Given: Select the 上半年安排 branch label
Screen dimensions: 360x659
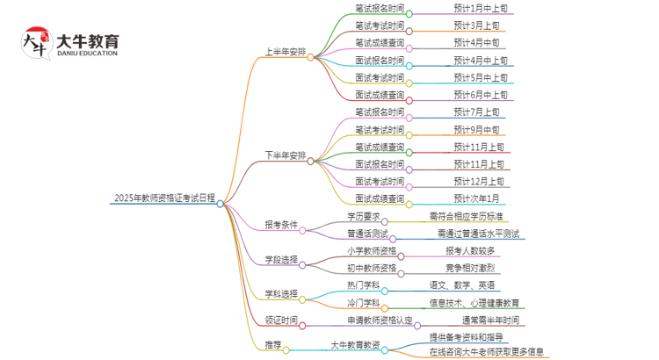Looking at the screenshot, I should point(286,53).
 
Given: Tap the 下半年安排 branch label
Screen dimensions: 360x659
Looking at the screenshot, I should point(286,156).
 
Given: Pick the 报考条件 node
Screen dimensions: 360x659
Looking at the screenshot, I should point(280,225).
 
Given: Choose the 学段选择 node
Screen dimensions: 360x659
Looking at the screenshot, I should point(280,260).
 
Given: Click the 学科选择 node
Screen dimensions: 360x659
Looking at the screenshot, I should point(280,293).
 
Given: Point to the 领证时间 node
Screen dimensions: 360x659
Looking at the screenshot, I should point(280,320).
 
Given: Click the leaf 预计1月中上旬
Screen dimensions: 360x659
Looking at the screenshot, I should point(480,8).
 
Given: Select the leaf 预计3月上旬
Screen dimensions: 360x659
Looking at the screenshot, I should point(476,25).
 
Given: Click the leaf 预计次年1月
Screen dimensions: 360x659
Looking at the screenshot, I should point(476,198).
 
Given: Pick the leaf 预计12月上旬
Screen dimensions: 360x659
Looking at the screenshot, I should point(480,181).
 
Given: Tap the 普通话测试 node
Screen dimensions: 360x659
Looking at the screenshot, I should point(367,234).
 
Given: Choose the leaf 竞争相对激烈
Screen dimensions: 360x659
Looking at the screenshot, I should point(470,268).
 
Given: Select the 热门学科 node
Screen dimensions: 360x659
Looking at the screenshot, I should point(363,285).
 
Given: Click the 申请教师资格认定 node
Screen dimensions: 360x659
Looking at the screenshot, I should point(380,320).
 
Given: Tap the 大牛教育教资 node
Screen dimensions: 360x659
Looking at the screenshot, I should point(356,345).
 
